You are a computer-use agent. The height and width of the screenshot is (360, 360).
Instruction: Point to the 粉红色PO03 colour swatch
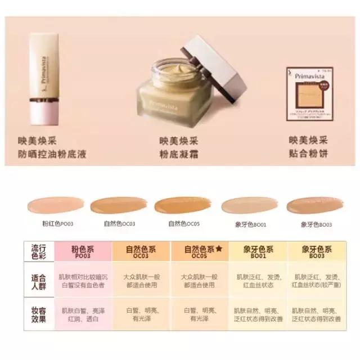(57, 206)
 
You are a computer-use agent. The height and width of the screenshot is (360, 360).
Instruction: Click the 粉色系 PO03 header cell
(82, 252)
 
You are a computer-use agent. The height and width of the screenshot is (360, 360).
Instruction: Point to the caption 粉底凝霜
(178, 154)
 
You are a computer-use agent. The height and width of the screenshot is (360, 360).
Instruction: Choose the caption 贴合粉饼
(308, 154)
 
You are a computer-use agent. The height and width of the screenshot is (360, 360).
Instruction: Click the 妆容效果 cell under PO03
(82, 314)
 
